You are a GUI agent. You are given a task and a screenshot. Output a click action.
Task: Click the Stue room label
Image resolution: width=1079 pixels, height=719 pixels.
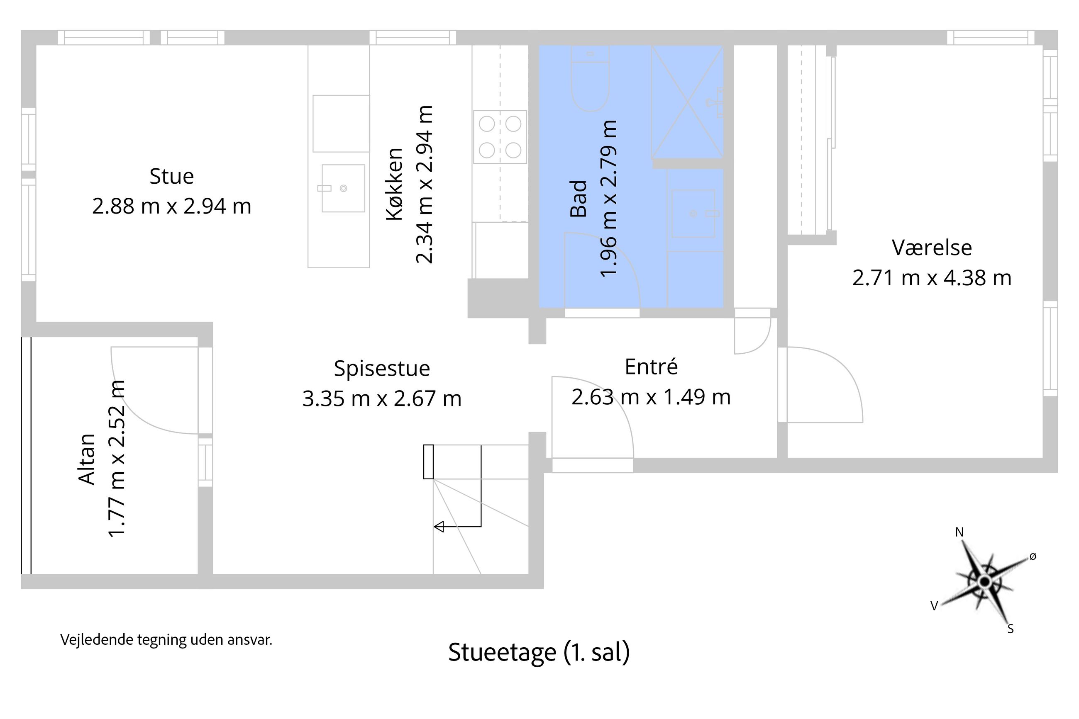[x=172, y=177]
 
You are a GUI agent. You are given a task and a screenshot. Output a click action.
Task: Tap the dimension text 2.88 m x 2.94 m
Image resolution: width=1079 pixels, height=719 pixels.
[x=172, y=206]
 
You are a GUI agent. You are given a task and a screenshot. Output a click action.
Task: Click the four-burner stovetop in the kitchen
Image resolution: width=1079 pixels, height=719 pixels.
[x=500, y=137]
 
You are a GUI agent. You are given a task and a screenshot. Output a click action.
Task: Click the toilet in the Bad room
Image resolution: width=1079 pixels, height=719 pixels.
[x=590, y=83]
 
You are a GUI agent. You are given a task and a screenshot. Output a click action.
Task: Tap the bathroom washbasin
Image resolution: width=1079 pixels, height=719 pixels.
[x=693, y=214]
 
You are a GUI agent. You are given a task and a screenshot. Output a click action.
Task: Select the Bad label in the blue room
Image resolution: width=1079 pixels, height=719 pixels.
[x=578, y=198]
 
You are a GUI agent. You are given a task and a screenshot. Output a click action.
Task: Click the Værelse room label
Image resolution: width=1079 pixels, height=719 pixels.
[x=932, y=248]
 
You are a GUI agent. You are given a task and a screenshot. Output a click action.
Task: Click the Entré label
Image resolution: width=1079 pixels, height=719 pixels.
[x=651, y=367]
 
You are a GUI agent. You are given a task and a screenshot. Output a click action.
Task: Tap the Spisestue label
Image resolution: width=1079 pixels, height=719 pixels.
[x=382, y=369]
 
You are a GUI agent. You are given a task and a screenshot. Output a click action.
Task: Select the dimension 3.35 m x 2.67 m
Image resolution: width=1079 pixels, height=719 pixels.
[x=382, y=398]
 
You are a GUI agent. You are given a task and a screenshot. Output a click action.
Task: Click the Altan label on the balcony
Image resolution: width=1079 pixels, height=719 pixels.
[x=87, y=459]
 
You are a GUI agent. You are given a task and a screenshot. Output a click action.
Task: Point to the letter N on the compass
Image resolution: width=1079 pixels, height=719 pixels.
[x=959, y=532]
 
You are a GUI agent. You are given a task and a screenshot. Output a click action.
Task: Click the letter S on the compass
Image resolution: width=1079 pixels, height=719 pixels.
[x=1011, y=629]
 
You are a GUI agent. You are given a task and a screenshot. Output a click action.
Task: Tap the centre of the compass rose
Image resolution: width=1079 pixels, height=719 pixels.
[x=984, y=582]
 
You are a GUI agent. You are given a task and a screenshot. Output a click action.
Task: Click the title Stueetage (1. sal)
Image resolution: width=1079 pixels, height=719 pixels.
[x=539, y=652]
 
